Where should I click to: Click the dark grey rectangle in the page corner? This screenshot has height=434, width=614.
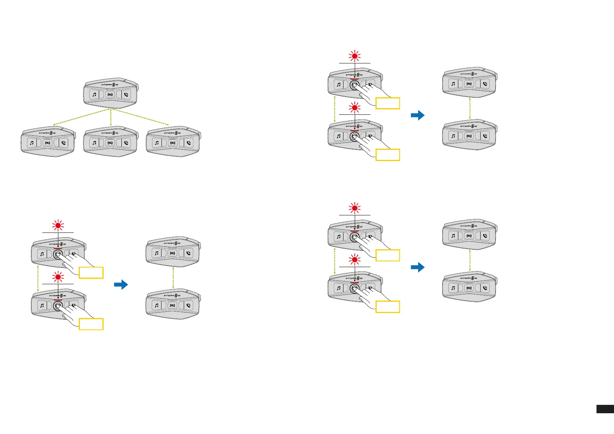(x=605, y=409)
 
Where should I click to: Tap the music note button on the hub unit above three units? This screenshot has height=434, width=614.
(x=94, y=94)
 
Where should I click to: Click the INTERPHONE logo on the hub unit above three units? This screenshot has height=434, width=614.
(x=110, y=85)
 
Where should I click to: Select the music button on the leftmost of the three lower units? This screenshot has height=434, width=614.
(x=32, y=142)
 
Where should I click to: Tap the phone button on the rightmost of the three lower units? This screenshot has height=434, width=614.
(x=189, y=142)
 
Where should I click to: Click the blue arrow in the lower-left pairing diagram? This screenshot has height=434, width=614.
(x=121, y=285)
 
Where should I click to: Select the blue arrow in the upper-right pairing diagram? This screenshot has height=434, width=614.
(x=417, y=115)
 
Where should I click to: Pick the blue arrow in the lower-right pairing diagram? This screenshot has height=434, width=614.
(x=417, y=267)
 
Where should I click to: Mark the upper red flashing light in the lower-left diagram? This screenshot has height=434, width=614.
(x=58, y=226)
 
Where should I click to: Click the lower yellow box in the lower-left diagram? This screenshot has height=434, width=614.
(x=91, y=324)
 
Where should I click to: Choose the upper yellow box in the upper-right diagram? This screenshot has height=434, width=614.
(x=388, y=103)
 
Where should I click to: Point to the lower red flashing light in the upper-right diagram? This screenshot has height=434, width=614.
(x=354, y=108)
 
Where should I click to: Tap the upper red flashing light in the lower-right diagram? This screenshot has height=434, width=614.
(x=354, y=208)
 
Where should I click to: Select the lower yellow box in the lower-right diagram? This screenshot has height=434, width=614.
(x=388, y=306)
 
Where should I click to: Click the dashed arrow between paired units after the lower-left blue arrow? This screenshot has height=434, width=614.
(x=173, y=277)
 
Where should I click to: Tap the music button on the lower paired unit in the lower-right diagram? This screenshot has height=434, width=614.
(x=453, y=288)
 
